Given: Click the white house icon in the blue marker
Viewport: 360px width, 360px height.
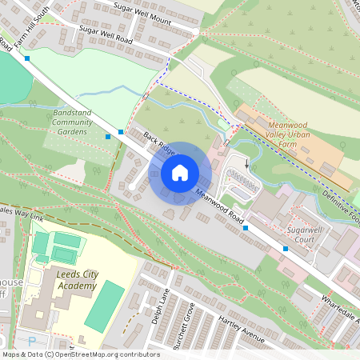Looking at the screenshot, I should click(x=180, y=173).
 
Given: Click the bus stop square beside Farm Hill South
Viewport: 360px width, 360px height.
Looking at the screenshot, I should click(x=27, y=58).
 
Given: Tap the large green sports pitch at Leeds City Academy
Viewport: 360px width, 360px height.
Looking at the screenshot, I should click(x=105, y=307).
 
